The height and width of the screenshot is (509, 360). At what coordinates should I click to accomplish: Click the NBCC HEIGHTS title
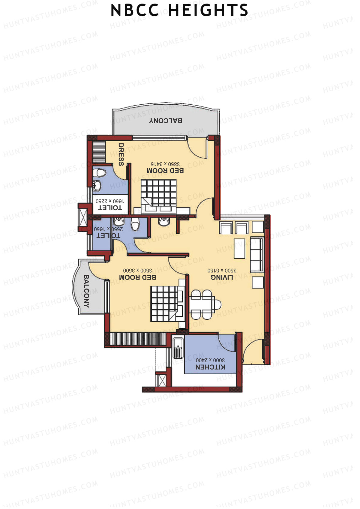(179, 11)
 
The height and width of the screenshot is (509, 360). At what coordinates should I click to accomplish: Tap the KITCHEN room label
(210, 367)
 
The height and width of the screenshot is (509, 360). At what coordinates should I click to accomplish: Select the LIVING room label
(222, 277)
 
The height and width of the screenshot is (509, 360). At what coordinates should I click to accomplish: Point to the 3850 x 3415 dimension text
(165, 164)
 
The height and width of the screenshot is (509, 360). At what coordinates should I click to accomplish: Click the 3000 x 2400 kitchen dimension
(210, 360)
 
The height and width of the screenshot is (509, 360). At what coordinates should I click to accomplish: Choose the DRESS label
(121, 154)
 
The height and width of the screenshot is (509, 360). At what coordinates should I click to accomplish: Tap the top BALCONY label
(166, 121)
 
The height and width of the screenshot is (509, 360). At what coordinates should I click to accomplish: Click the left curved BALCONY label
(86, 291)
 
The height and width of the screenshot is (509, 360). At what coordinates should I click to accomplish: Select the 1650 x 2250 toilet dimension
(110, 201)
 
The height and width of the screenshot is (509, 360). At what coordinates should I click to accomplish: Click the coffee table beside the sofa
(239, 248)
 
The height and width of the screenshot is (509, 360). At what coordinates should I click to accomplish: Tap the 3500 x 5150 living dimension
(222, 270)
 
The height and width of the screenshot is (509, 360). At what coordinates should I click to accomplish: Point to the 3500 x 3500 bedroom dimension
(137, 270)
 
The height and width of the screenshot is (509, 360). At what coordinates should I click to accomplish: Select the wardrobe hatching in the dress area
(99, 151)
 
